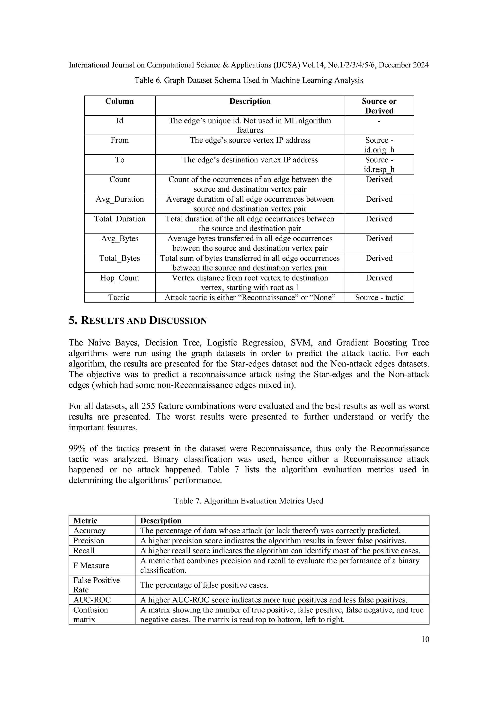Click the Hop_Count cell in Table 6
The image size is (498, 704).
pos(120,278)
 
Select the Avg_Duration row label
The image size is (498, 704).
pos(120,199)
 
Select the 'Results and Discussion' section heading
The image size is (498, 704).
pos(138,321)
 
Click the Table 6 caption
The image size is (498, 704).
pos(249,80)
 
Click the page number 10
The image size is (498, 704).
pos(425,639)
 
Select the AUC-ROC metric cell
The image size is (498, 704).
pos(92,600)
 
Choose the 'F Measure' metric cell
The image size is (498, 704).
pos(91,565)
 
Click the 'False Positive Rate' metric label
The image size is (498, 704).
pos(96,585)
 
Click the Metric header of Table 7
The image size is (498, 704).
pos(85,521)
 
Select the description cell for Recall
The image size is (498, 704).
pos(280,551)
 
